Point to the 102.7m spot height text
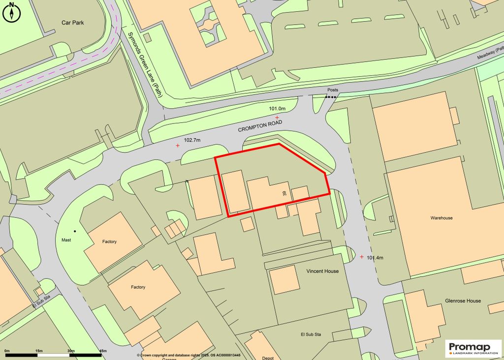pyautogui.click(x=192, y=140)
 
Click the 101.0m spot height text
pyautogui.click(x=277, y=108)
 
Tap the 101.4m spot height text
pyautogui.click(x=375, y=257)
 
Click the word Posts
pyautogui.click(x=333, y=90)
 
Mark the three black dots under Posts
pyautogui.click(x=331, y=97)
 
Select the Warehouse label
pyautogui.click(x=441, y=217)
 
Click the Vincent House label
pyautogui.click(x=322, y=271)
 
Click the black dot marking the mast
pyautogui.click(x=75, y=231)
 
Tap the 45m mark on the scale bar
pyautogui.click(x=103, y=351)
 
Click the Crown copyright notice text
pyautogui.click(x=189, y=355)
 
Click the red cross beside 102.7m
pyautogui.click(x=178, y=146)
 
